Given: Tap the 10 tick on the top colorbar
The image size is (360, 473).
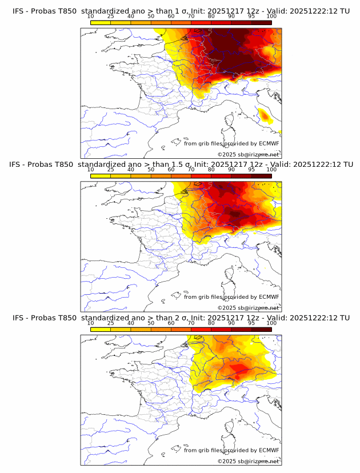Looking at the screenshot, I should point(91,17).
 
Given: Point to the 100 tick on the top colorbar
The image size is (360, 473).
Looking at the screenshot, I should point(271,17).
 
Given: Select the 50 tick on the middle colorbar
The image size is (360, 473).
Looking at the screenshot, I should point(151,170).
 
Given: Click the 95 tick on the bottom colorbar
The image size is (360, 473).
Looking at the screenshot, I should point(251,323).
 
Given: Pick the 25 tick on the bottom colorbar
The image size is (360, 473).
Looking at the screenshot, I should point(111,323).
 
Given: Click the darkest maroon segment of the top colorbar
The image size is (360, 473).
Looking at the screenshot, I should point(261,22).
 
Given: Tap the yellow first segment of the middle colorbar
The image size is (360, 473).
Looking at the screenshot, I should point(101,175).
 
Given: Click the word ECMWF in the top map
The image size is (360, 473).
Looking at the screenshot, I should point(269,143).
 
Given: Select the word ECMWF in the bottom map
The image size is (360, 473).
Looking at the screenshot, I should point(269,450).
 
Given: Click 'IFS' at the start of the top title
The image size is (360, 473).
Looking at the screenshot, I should point(19,11).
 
